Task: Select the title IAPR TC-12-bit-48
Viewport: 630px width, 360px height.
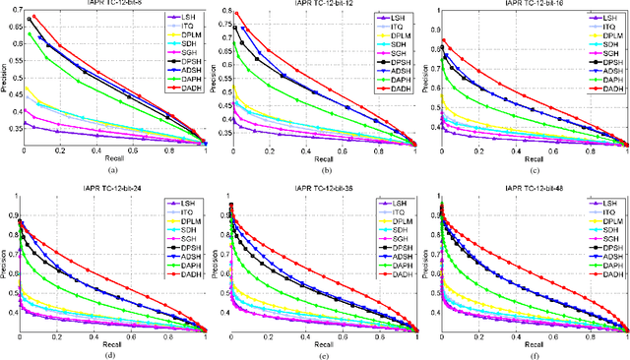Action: pyautogui.click(x=535, y=187)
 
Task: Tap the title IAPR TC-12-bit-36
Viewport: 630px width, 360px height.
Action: pyautogui.click(x=322, y=187)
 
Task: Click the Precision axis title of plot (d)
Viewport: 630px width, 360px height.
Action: pyautogui.click(x=4, y=261)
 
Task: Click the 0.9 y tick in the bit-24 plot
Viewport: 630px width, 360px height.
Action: pyautogui.click(x=12, y=200)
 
